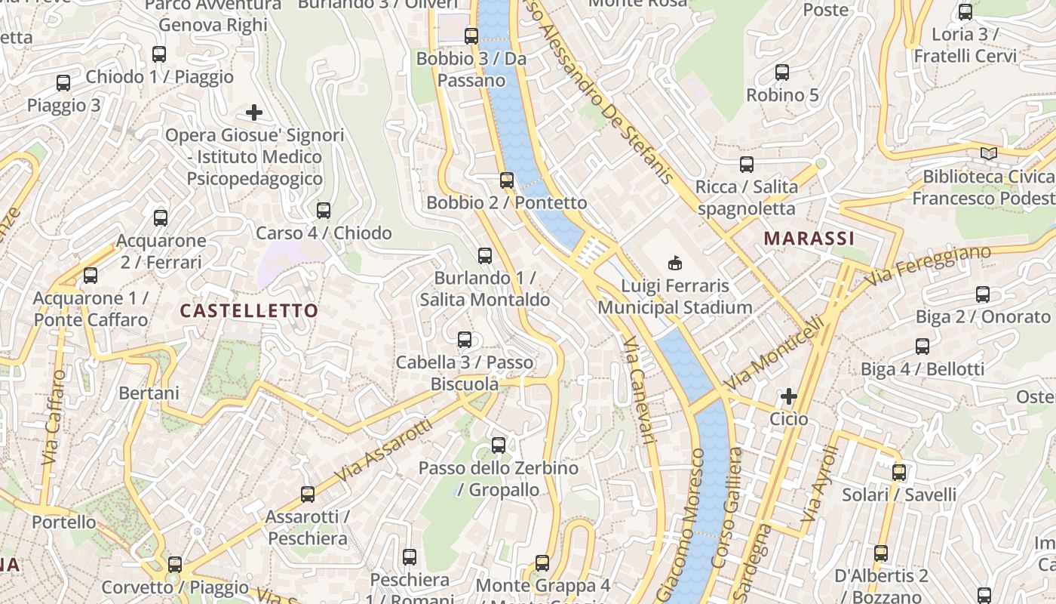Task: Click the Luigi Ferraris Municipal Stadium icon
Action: (674, 263)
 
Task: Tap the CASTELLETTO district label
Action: (249, 310)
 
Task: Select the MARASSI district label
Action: (809, 239)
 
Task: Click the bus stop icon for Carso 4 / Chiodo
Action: (324, 211)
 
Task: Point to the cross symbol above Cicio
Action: (789, 396)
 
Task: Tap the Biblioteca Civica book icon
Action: (988, 154)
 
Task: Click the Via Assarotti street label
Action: (384, 451)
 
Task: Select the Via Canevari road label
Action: (637, 390)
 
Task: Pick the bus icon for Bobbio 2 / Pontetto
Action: (507, 180)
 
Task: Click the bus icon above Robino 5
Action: (782, 72)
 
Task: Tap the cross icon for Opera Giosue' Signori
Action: (254, 113)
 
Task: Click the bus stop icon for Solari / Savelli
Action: (899, 473)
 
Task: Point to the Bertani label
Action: (149, 393)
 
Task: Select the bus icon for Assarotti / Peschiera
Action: (308, 495)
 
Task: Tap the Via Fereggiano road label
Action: (928, 266)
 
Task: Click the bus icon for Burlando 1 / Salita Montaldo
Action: (485, 256)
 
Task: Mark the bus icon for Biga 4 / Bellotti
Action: (922, 347)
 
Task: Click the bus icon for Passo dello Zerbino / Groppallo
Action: (499, 445)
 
